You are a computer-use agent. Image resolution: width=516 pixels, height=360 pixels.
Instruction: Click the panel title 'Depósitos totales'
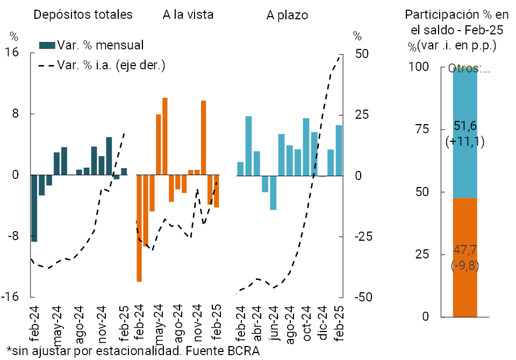(x=83, y=15)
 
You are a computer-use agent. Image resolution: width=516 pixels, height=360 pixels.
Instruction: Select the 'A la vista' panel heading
(x=188, y=15)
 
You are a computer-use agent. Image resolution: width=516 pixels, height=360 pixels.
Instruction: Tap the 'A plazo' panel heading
(x=287, y=15)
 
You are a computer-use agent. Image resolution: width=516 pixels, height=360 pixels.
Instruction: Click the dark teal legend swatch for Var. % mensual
(x=47, y=46)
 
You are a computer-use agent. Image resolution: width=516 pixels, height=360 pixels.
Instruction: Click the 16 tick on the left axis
(x=12, y=53)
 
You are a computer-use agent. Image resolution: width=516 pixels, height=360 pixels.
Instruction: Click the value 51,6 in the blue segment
(x=465, y=126)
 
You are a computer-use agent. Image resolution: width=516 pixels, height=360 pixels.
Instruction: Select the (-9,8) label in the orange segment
(x=465, y=265)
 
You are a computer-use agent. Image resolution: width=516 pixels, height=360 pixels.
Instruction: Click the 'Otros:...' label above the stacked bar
(x=469, y=69)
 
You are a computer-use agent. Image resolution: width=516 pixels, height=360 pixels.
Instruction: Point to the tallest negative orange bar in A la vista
(x=139, y=228)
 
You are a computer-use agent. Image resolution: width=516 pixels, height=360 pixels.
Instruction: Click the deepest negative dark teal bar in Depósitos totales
(x=34, y=208)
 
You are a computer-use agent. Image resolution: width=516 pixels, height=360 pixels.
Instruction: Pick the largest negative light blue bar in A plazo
(x=273, y=192)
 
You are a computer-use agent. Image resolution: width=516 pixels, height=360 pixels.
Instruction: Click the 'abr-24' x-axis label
(x=257, y=321)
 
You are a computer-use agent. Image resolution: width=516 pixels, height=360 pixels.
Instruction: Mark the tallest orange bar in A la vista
(x=165, y=136)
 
